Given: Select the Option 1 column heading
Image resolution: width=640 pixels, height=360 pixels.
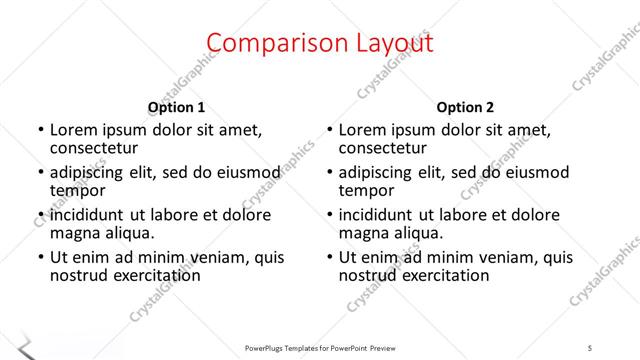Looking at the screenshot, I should [x=176, y=107].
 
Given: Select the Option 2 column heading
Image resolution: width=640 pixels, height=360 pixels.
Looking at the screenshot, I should [x=465, y=107].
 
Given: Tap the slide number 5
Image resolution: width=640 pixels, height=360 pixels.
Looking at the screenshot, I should [x=590, y=347].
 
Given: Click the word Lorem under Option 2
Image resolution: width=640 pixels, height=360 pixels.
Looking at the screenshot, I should [x=362, y=130].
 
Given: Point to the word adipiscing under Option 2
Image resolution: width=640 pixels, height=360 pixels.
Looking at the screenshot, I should [x=378, y=172].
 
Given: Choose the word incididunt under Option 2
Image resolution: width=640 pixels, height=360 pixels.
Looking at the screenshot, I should [x=379, y=215].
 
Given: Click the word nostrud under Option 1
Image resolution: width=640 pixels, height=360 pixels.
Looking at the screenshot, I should [x=78, y=275].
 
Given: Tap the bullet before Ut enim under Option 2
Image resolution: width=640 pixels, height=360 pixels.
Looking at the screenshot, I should [x=329, y=257].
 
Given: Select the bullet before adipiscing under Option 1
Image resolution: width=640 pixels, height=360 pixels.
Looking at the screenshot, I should [x=40, y=172].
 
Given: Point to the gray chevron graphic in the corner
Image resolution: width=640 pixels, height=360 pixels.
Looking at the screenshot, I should [x=25, y=348].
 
